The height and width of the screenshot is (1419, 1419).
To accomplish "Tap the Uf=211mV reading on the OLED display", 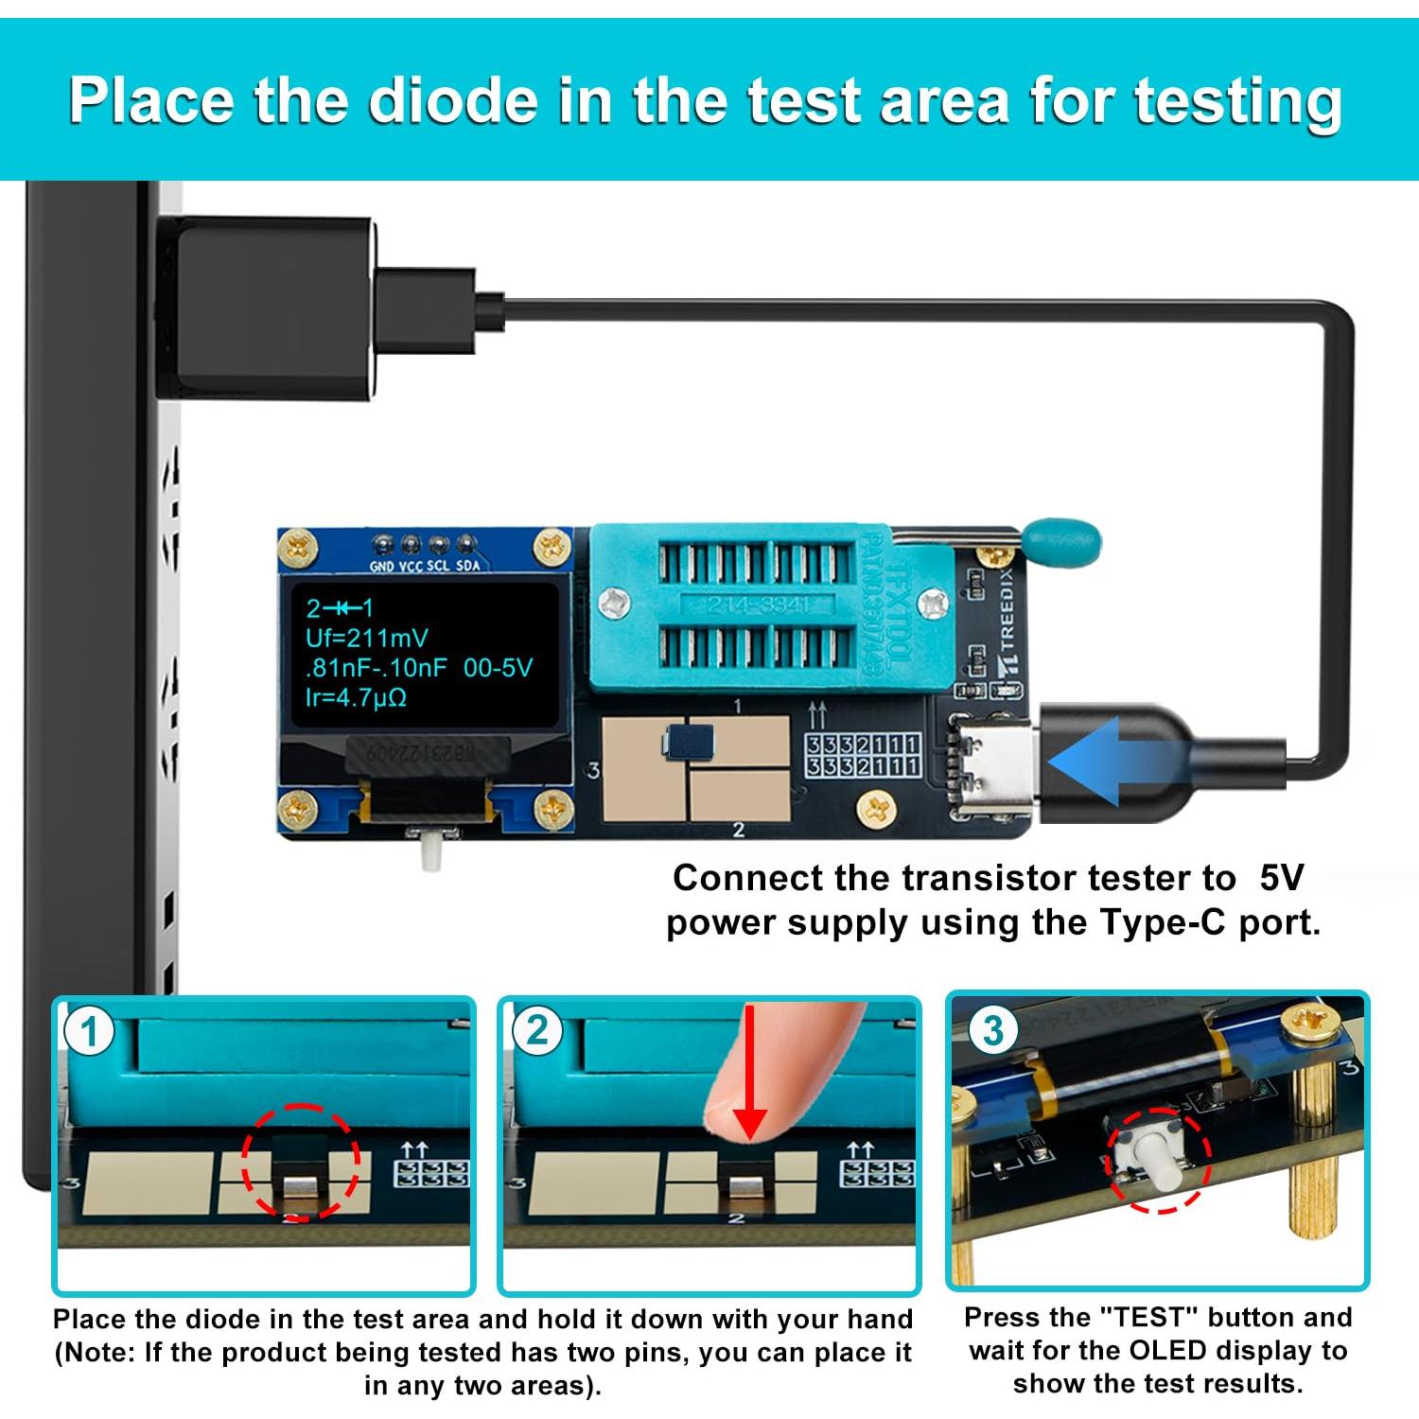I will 366,638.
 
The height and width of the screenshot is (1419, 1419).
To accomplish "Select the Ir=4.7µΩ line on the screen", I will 356,698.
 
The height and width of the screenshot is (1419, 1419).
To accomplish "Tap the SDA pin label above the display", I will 468,566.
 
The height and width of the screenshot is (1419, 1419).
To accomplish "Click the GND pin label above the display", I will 382,566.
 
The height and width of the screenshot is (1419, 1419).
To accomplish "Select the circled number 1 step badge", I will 90,1031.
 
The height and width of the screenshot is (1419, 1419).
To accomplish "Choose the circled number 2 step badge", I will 537,1031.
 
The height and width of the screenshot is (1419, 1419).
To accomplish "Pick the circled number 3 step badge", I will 992,1031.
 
